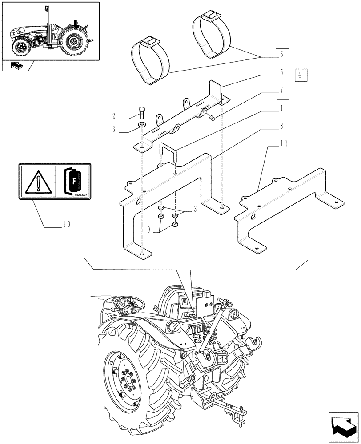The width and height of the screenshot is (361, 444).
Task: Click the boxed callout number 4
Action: pyautogui.click(x=301, y=74)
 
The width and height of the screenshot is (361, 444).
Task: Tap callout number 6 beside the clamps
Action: pyautogui.click(x=281, y=55)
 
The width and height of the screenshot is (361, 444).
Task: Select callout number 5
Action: pyautogui.click(x=281, y=72)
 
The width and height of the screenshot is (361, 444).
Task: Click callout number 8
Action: pyautogui.click(x=281, y=126)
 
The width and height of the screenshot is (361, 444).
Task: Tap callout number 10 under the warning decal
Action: pyautogui.click(x=66, y=224)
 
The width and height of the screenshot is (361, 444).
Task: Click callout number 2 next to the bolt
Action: pyautogui.click(x=114, y=116)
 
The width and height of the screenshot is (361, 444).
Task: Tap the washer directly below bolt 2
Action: pyautogui.click(x=141, y=124)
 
